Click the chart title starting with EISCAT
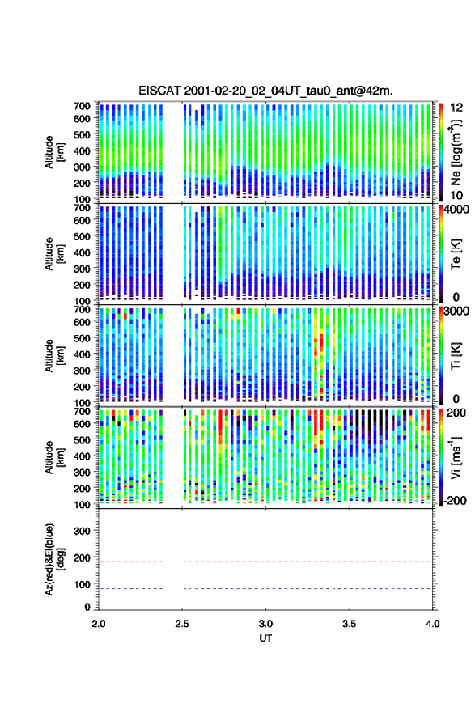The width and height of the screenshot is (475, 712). pos(265,91)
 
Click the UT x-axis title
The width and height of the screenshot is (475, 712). pos(265,638)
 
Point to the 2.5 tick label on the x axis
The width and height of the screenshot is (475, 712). pos(182,624)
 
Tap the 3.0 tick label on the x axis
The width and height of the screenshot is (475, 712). pos(265,624)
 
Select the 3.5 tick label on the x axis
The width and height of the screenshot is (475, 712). pos(350,624)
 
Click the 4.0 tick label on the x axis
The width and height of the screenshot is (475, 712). pos(433,624)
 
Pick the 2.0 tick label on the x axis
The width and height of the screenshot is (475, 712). pos(99,624)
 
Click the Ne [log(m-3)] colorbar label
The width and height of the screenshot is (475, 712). pos(456,152)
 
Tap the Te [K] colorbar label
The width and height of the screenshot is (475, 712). pos(456,254)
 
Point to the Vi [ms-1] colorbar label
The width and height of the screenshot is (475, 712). pos(456,457)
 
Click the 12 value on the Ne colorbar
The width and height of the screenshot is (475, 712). pos(456,108)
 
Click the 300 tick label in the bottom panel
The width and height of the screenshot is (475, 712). pos(81,531)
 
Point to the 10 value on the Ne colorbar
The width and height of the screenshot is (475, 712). pos(456,195)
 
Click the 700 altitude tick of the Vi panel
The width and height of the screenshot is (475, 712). pos(82,411)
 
